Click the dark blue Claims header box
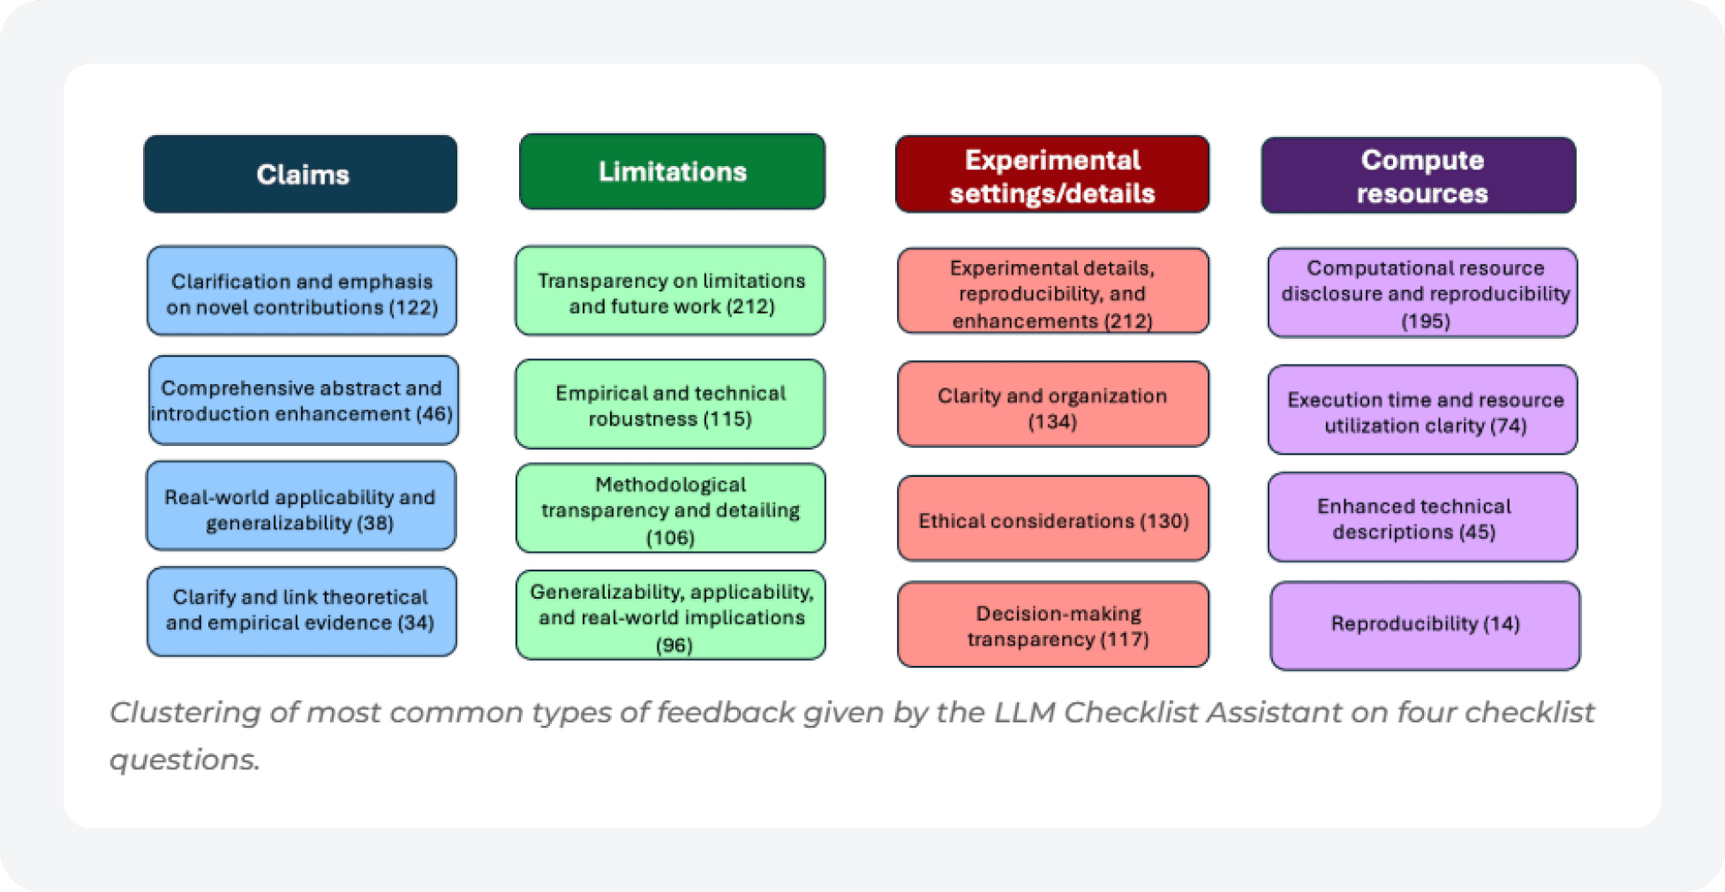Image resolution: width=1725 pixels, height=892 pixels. [300, 174]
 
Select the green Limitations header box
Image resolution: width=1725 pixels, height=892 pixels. [672, 171]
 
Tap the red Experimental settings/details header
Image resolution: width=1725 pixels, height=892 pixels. [1052, 174]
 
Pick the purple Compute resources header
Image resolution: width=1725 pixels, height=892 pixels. [1419, 175]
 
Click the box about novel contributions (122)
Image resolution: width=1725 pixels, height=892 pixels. [302, 291]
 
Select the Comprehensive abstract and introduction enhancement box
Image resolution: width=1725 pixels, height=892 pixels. [303, 400]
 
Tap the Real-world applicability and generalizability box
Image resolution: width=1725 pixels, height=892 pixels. [301, 506]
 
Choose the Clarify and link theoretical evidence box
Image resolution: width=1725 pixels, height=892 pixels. [302, 611]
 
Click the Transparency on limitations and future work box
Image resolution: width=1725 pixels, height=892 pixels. [670, 291]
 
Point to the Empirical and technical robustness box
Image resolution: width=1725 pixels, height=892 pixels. [670, 404]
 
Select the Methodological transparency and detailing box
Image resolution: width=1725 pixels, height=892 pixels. [671, 509]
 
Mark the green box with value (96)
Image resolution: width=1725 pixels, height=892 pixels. [671, 616]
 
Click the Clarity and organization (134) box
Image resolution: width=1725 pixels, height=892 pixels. [1053, 404]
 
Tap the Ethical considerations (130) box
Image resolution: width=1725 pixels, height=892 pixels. [1053, 518]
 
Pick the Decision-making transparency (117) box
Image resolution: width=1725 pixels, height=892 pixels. [1053, 624]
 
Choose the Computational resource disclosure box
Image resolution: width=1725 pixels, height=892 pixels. [1422, 292]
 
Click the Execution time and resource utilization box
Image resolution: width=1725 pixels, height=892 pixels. [1422, 410]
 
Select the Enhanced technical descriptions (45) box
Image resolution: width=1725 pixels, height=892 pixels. [1422, 518]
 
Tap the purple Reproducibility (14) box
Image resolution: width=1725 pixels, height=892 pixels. [1425, 625]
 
